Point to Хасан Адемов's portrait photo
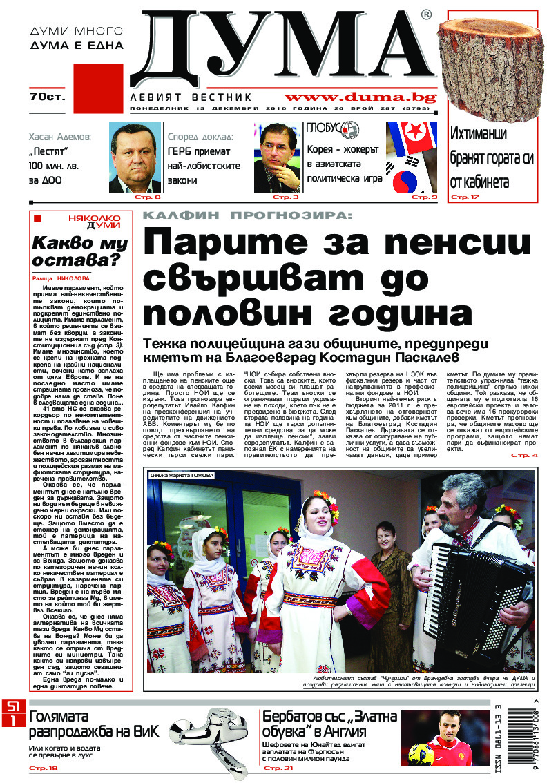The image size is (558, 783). click(x=135, y=157)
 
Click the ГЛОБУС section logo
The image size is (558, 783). click(x=332, y=129)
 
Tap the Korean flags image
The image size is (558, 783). click(x=412, y=157)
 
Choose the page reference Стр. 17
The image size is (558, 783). click(x=464, y=197)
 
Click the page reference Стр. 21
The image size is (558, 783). click(x=279, y=768)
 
